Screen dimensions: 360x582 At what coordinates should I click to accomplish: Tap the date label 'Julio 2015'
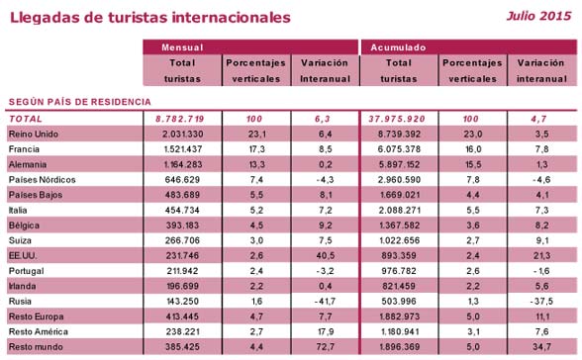pyautogui.click(x=538, y=17)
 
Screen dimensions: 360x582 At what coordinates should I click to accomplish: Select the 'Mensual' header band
pyautogui.click(x=250, y=46)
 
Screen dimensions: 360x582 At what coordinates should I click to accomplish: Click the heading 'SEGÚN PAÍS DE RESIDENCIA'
pyautogui.click(x=79, y=101)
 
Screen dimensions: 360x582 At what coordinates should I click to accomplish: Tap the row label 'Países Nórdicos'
pyautogui.click(x=41, y=181)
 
